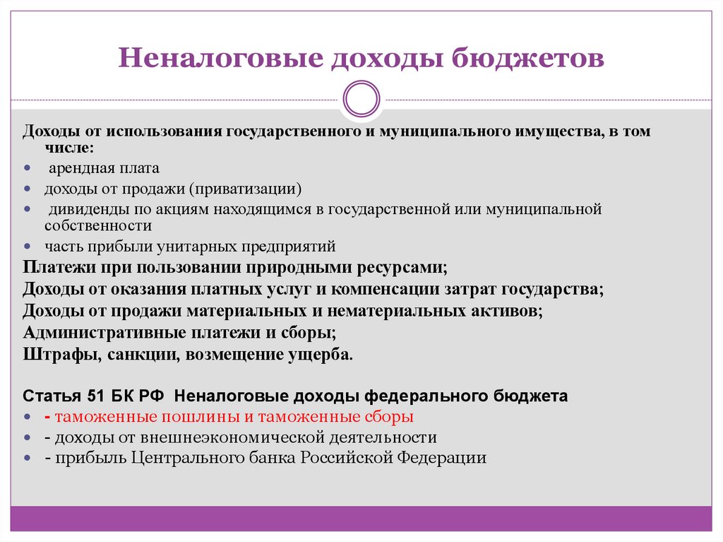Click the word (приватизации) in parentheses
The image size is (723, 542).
pyautogui.click(x=248, y=189)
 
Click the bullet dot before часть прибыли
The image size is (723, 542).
pyautogui.click(x=27, y=247)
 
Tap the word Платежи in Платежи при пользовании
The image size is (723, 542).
pyautogui.click(x=56, y=269)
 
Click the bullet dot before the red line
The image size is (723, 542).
pyautogui.click(x=27, y=416)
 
